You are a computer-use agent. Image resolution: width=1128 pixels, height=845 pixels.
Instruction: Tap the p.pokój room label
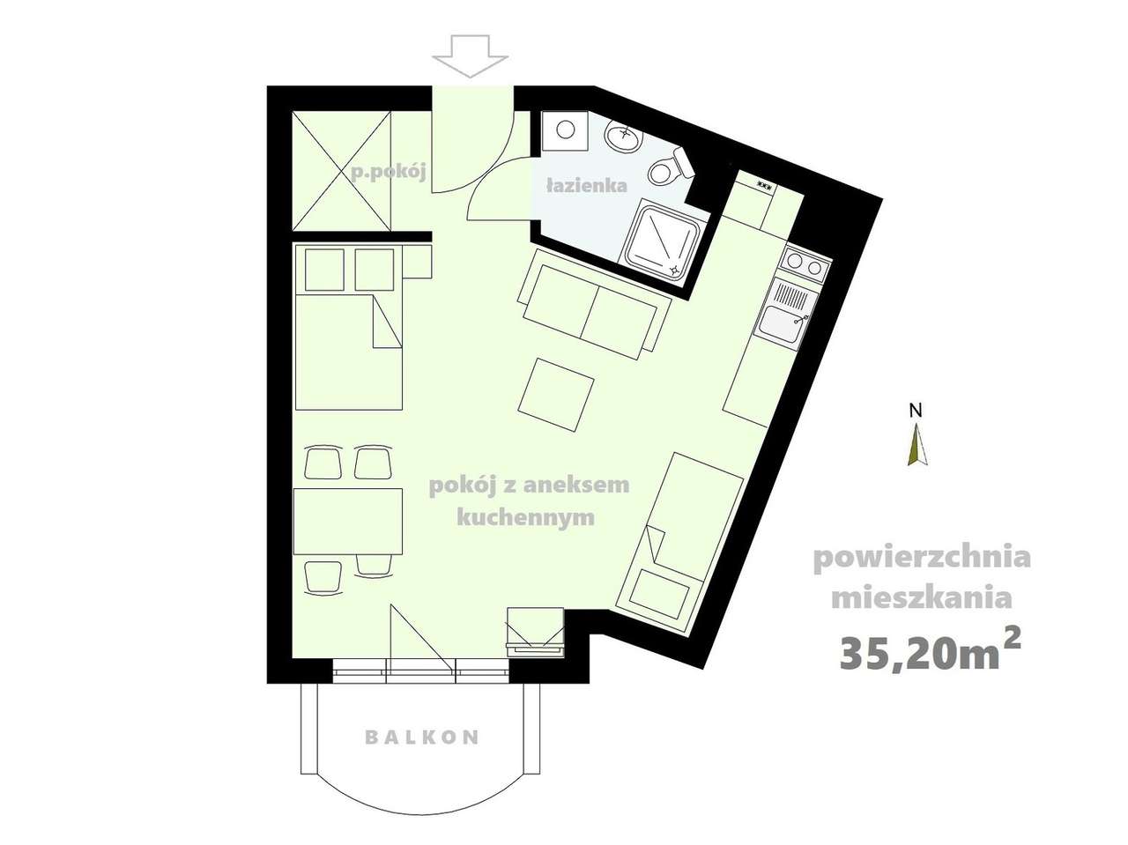tap(389, 172)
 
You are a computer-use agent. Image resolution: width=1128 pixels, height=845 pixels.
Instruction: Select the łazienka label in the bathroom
tap(586, 186)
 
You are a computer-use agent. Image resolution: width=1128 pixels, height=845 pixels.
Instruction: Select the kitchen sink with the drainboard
tap(788, 312)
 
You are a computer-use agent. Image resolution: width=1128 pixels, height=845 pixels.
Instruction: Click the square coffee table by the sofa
tap(556, 394)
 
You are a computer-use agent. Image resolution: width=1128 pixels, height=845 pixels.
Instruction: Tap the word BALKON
tap(422, 737)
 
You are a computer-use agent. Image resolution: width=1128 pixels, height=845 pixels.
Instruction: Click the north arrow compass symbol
tap(917, 445)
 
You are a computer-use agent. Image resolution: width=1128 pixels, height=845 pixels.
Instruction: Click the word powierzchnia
tap(921, 559)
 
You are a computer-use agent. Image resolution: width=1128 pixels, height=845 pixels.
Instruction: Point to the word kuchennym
tap(525, 517)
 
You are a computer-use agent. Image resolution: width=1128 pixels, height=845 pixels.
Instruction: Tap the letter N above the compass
tap(916, 410)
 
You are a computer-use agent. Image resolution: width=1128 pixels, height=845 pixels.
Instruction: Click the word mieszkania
tap(921, 599)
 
